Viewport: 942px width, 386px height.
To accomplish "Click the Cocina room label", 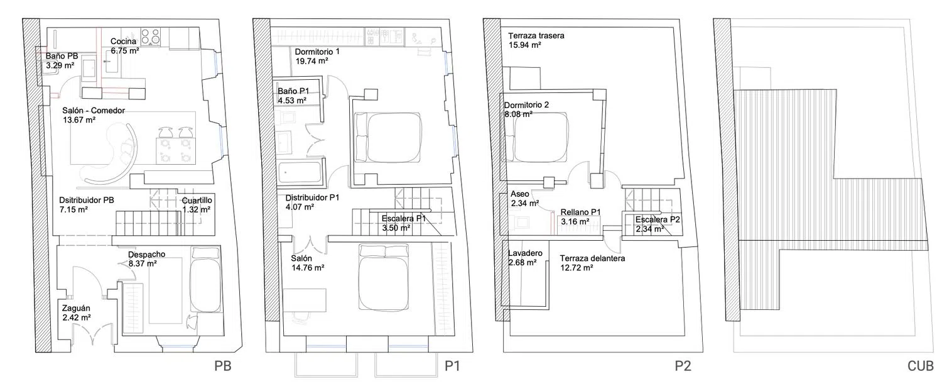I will coord(124,41).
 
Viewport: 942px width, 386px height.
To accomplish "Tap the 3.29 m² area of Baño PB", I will coord(60,65).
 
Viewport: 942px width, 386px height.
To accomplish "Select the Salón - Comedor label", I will coord(94,111).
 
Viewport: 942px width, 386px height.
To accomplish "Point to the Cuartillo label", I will coord(198,201).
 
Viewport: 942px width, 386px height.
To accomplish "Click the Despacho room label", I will coord(146,255).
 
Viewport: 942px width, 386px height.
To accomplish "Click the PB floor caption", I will coord(224,366).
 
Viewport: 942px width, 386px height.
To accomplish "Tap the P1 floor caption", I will coord(453,366).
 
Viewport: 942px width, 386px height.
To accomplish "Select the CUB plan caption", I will coord(920,366).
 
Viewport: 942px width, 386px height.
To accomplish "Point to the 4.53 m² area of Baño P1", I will coord(292,101).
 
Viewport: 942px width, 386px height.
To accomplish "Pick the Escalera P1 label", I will coord(404,219).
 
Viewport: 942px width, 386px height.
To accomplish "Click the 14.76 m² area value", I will coord(307,268).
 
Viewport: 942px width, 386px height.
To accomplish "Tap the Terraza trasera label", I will coord(536,36).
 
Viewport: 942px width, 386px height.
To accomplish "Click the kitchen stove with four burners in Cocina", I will coord(151,37).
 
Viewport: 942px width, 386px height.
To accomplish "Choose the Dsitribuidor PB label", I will coord(87,200).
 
